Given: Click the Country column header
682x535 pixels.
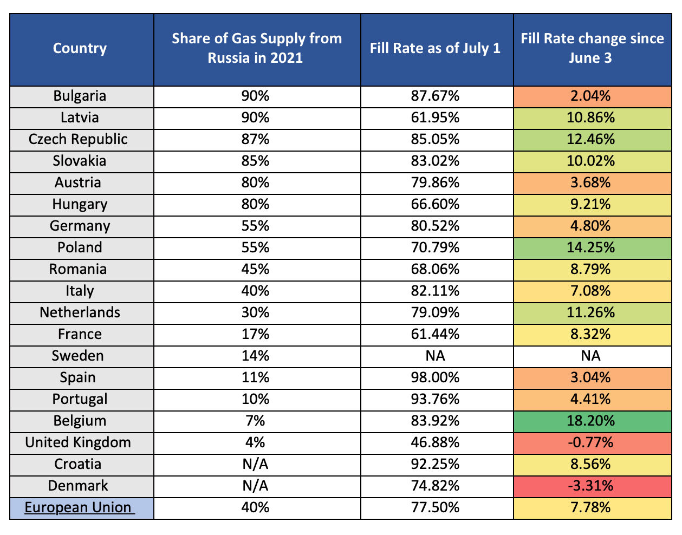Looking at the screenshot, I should point(80,49).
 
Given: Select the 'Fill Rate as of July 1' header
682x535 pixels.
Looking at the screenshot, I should point(435,49).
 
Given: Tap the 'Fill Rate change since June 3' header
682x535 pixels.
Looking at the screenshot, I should point(592,49).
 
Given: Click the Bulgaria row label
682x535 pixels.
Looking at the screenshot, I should point(80,96).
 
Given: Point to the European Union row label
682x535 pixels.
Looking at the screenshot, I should point(80,507).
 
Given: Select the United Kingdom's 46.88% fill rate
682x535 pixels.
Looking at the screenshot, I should point(435,442).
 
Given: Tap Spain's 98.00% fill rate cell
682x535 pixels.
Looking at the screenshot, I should point(435,377).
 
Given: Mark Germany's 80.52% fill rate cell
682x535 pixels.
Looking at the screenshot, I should point(435,226).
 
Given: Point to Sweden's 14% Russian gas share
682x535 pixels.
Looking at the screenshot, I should point(255,356).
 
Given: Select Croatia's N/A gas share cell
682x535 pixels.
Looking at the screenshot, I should point(255,464).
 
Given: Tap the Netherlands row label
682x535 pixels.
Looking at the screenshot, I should point(80,312).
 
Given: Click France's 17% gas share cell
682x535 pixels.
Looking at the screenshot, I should point(255,334).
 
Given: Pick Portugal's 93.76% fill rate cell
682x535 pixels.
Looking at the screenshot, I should point(435,399).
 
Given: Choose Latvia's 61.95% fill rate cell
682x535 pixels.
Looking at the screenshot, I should point(435,118).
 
